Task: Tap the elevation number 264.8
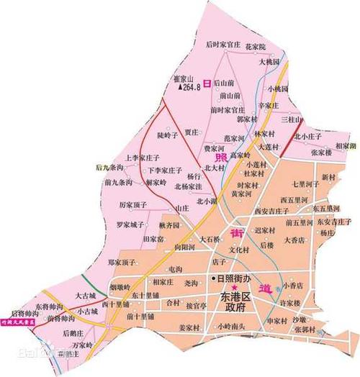(195, 87)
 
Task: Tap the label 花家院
(256, 46)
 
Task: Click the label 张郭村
(305, 328)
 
